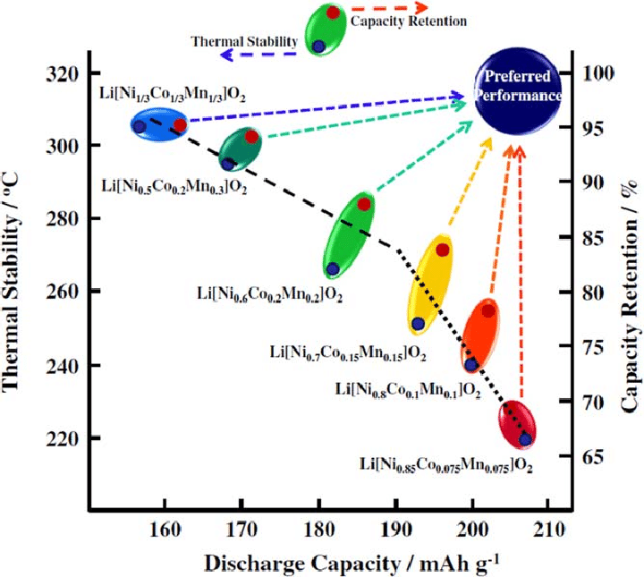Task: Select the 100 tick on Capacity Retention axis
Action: [x=597, y=72]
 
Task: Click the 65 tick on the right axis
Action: [x=597, y=457]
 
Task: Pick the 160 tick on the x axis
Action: [x=165, y=527]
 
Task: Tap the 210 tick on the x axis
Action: [x=547, y=527]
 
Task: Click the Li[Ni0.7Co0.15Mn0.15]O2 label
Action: [x=347, y=352]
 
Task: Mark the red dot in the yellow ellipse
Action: [x=442, y=250]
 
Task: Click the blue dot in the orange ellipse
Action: [x=471, y=364]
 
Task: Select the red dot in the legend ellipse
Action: [x=332, y=13]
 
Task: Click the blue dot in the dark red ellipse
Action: [x=525, y=438]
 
